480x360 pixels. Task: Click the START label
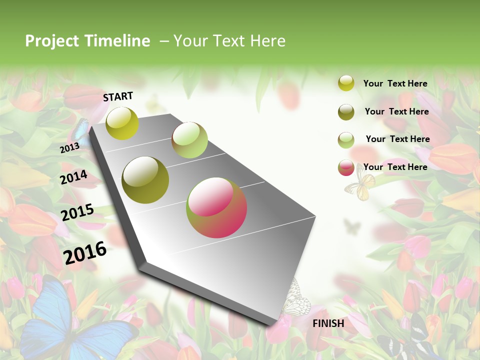pos(118,96)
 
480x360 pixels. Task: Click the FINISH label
pos(328,323)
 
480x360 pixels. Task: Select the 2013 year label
pos(69,148)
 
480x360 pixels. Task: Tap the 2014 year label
pos(73,177)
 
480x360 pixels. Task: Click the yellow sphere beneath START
pos(122,123)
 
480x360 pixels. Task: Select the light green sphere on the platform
pos(189,140)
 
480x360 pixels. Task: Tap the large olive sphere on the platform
pos(145,180)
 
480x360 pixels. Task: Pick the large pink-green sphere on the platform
pos(216,207)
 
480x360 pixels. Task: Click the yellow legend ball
pos(346,83)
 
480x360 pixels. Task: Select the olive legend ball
pos(346,111)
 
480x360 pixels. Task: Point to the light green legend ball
pos(346,139)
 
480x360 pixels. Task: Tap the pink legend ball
pos(346,167)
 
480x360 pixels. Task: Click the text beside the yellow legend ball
pos(395,83)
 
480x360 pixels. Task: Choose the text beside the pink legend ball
pos(395,167)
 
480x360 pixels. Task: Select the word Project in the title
pos(51,41)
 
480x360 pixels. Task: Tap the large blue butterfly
pos(70,320)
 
